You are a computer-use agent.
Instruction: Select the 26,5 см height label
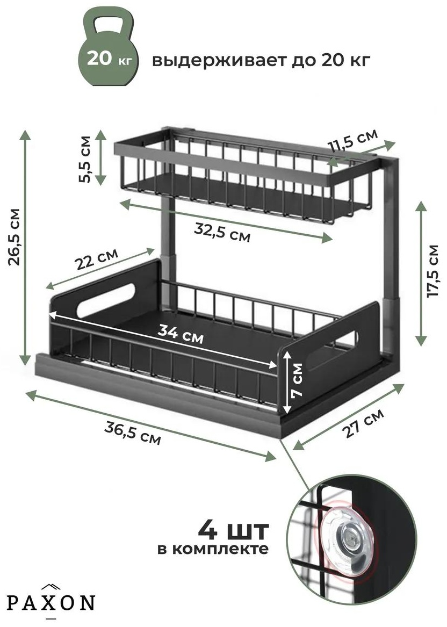(15, 237)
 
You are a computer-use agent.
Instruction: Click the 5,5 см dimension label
(85, 159)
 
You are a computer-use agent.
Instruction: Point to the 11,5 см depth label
(352, 141)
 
